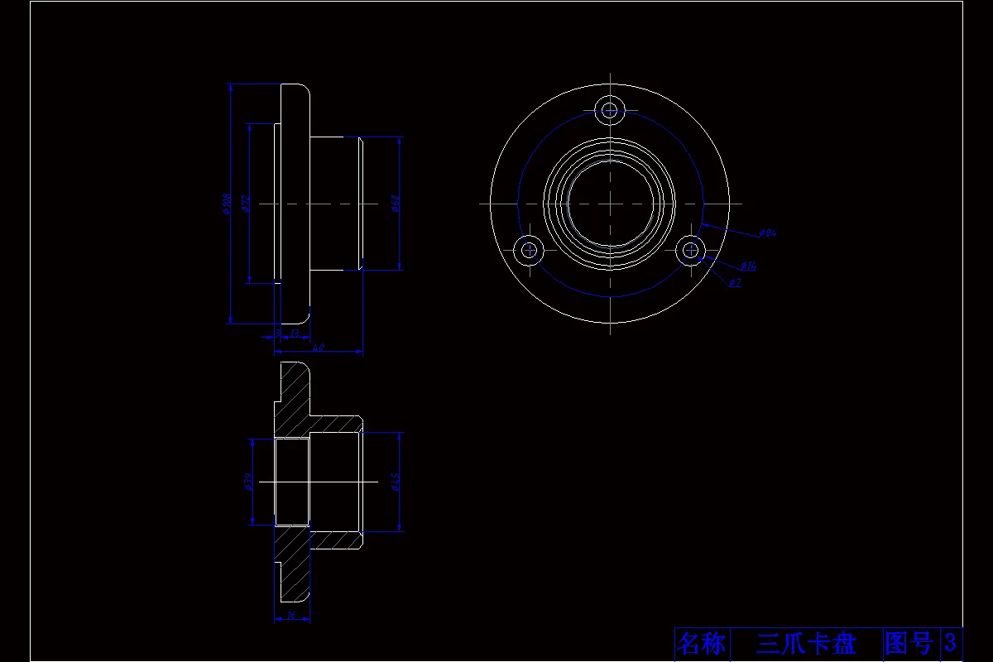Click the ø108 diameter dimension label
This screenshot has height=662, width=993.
click(226, 204)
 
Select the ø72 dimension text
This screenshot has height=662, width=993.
click(245, 204)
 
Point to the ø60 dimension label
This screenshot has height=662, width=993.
click(396, 204)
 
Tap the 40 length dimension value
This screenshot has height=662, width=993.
click(318, 348)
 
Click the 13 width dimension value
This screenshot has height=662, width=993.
click(295, 334)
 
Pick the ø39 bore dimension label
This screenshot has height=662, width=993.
click(247, 481)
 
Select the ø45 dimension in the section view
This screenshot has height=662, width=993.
click(396, 481)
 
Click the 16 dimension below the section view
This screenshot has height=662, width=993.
click(291, 616)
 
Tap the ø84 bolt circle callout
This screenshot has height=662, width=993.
click(768, 234)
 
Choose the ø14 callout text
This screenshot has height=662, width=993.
click(748, 266)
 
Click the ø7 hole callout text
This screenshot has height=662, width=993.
click(735, 284)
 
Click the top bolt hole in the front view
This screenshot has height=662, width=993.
click(611, 109)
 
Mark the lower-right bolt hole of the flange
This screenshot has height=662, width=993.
click(690, 249)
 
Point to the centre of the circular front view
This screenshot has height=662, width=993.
click(610, 203)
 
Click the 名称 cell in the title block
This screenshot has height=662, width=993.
click(701, 643)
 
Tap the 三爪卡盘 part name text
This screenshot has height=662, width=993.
click(806, 643)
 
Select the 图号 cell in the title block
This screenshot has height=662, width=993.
click(909, 643)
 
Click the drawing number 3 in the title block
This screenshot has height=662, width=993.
click(951, 643)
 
